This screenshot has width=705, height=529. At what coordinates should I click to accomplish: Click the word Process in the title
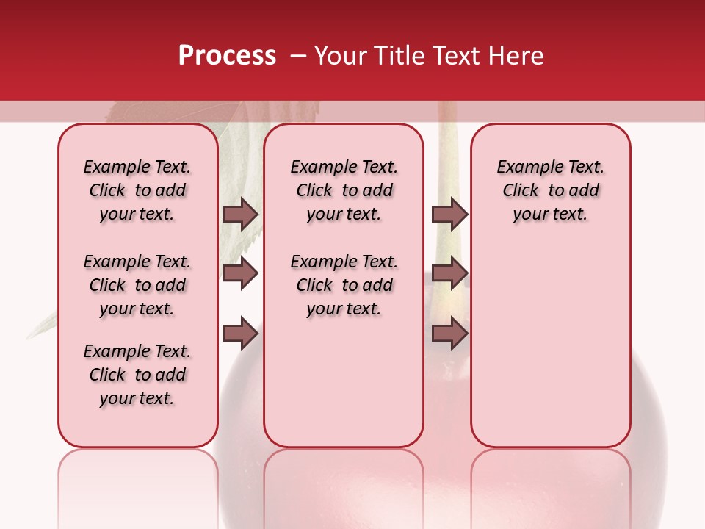point(227,56)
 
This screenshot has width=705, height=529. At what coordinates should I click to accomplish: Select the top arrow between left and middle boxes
point(240,214)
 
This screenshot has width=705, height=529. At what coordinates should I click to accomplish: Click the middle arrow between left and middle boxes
point(240,273)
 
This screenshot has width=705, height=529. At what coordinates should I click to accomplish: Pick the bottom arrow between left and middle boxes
point(240,334)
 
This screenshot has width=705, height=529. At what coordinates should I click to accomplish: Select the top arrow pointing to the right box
point(449,214)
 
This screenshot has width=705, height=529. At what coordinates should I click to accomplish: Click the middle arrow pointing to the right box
point(449,273)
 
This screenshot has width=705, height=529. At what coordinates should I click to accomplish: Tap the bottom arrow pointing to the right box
point(449,334)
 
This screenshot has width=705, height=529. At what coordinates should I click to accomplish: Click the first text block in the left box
point(137,190)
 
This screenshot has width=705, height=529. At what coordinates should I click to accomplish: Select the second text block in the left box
point(137,285)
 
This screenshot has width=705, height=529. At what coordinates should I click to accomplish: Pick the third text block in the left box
point(137,375)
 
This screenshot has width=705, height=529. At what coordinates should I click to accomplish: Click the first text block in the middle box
point(344,190)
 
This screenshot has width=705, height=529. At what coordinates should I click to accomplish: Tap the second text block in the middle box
point(344,285)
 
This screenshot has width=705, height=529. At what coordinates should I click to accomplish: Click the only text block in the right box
point(551,190)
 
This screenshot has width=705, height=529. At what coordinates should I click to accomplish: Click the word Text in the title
point(456,56)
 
